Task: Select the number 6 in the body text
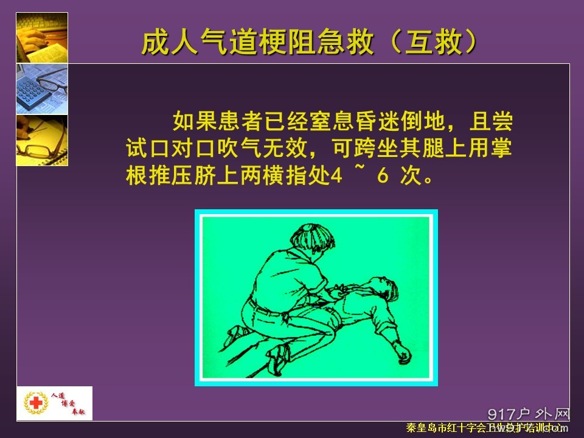pyautogui.click(x=382, y=177)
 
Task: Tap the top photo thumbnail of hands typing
pyautogui.click(x=42, y=37)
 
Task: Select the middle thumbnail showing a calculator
pyautogui.click(x=42, y=88)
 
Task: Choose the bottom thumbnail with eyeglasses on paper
pyautogui.click(x=42, y=140)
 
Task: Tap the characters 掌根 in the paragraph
pyautogui.click(x=503, y=149)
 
